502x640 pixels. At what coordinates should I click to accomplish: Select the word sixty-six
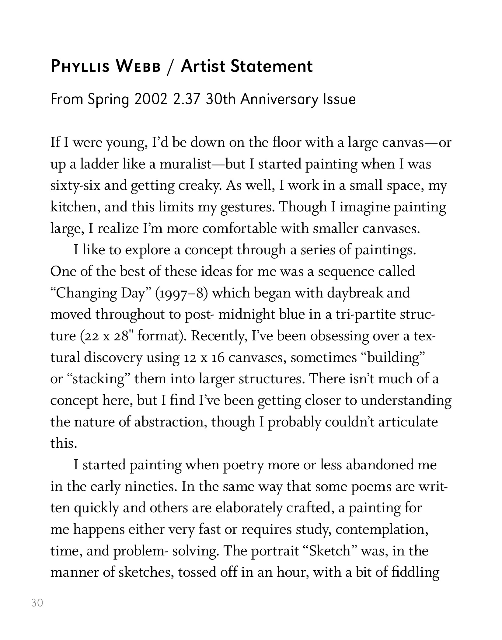pyautogui.click(x=75, y=186)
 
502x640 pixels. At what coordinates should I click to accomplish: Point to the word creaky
pyautogui.click(x=200, y=186)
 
